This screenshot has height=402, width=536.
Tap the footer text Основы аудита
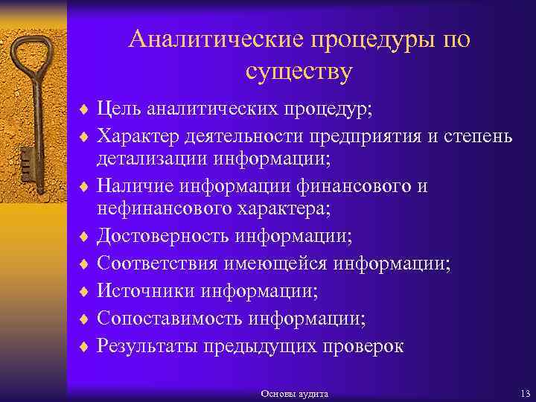pyautogui.click(x=295, y=392)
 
